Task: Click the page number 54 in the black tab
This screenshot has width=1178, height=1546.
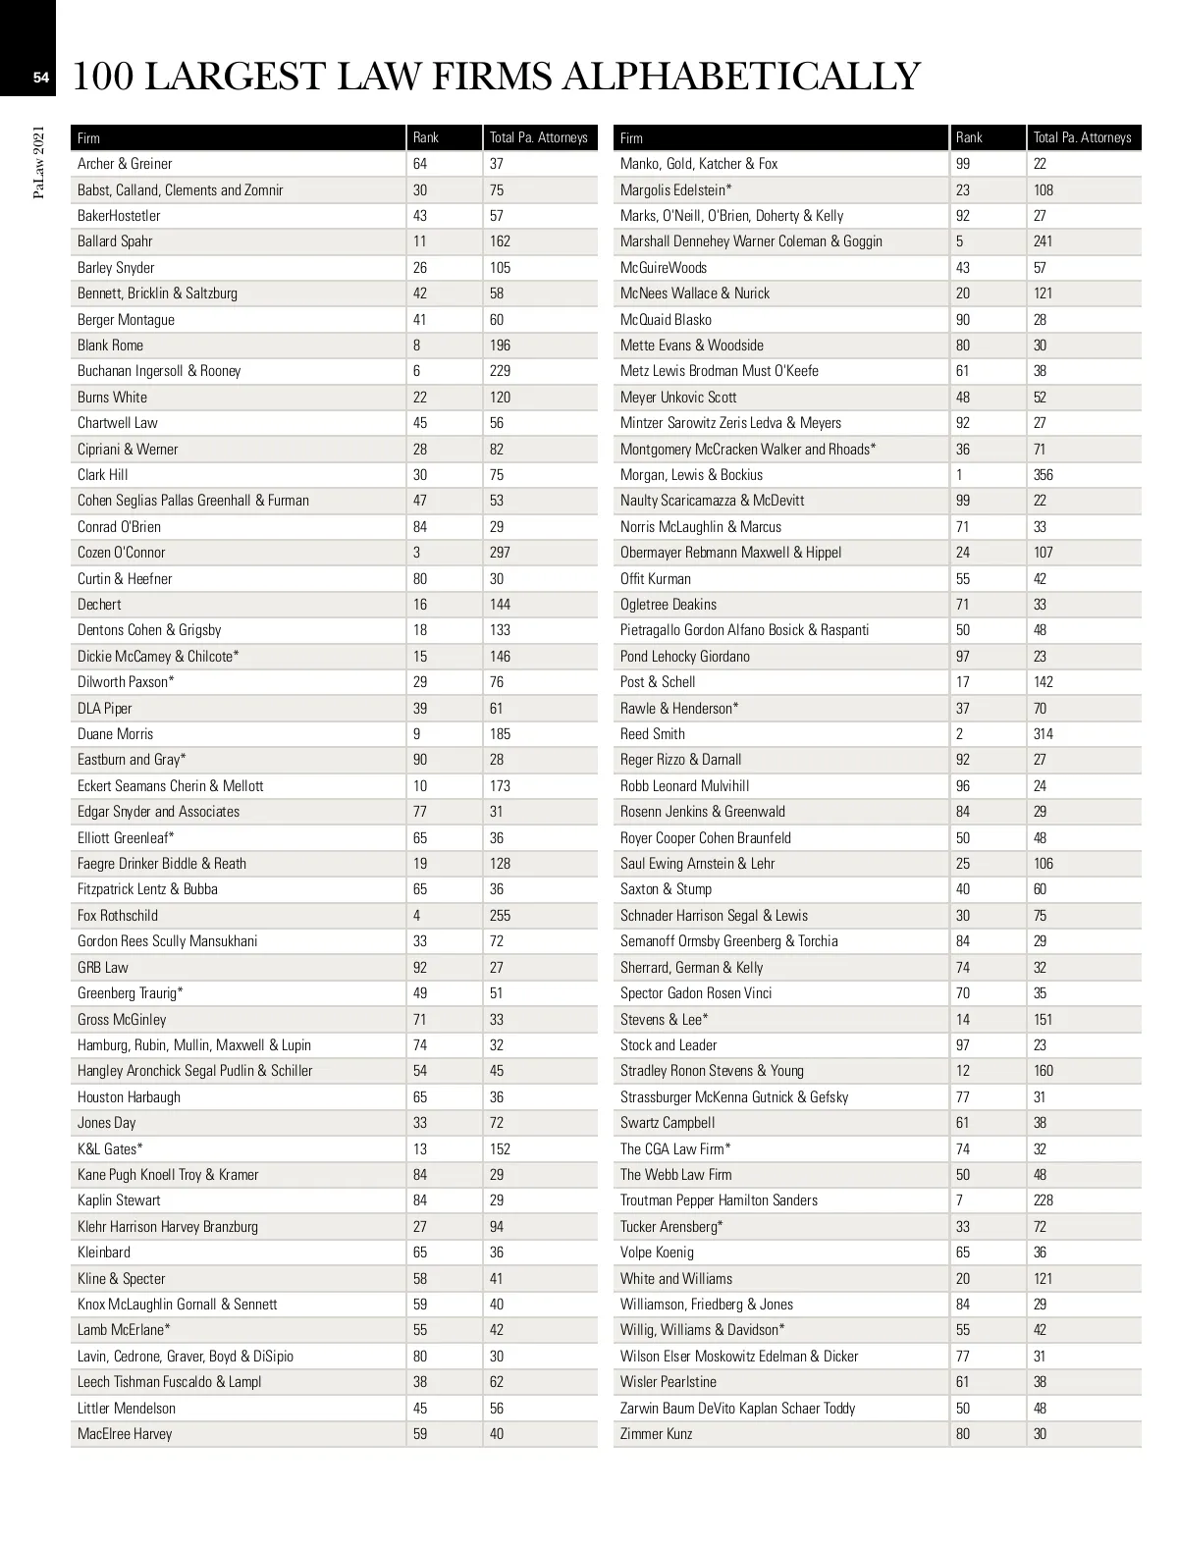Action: pyautogui.click(x=40, y=79)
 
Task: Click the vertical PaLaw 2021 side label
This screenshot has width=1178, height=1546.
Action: pyautogui.click(x=39, y=162)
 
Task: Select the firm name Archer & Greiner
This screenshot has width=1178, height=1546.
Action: pyautogui.click(x=125, y=164)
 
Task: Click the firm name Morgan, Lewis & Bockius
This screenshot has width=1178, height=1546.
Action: pyautogui.click(x=691, y=475)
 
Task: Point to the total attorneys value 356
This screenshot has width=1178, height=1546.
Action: pyautogui.click(x=1043, y=475)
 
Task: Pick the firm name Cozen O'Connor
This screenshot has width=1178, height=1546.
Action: pyautogui.click(x=122, y=553)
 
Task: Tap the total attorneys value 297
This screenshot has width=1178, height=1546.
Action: pyautogui.click(x=500, y=553)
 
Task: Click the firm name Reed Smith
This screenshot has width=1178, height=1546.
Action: pyautogui.click(x=653, y=734)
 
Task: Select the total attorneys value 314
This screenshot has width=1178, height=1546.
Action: pyautogui.click(x=1043, y=734)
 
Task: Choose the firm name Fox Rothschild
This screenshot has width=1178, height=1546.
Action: pyautogui.click(x=118, y=916)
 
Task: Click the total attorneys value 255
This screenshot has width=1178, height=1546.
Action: pyautogui.click(x=500, y=916)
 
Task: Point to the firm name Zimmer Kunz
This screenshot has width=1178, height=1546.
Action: pyautogui.click(x=656, y=1434)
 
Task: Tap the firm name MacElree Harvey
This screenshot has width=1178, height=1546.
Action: pyautogui.click(x=125, y=1434)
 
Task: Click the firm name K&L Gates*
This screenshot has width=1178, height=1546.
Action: pyautogui.click(x=110, y=1149)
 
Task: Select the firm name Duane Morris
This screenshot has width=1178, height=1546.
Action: pyautogui.click(x=116, y=734)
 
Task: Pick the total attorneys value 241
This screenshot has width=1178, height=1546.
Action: pyautogui.click(x=1043, y=241)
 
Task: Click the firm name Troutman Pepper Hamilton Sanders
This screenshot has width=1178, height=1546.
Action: pyautogui.click(x=719, y=1200)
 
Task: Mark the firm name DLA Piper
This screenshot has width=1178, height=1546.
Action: pyautogui.click(x=105, y=709)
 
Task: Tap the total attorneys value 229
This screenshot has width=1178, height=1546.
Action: pyautogui.click(x=500, y=371)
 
